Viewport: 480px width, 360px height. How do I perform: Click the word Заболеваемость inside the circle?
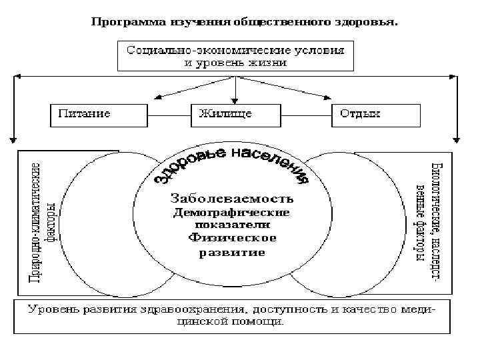click(x=232, y=199)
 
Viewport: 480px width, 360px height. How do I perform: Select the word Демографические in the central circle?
click(x=231, y=213)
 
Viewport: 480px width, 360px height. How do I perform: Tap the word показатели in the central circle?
click(x=231, y=225)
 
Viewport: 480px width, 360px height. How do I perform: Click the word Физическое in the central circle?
click(x=232, y=238)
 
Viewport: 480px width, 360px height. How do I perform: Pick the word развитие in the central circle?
click(x=232, y=253)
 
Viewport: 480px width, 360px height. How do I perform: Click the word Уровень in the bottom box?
click(x=53, y=309)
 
